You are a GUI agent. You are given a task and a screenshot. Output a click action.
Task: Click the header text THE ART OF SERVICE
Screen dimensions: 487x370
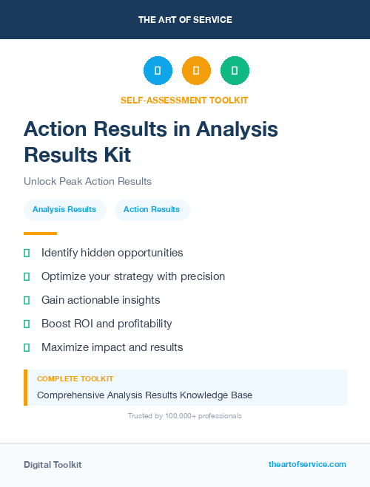point(185,20)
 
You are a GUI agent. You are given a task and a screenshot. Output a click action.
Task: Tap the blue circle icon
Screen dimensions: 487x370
point(158,70)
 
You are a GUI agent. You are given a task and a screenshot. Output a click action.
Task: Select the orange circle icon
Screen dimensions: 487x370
point(196,70)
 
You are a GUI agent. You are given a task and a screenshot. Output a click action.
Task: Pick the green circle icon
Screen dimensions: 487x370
point(235,70)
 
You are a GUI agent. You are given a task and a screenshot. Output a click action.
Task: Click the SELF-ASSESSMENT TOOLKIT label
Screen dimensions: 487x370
point(185,100)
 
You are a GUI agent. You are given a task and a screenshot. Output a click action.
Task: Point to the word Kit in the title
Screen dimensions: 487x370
point(117,154)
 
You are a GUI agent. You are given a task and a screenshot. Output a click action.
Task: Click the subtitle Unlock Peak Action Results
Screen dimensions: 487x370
point(87,181)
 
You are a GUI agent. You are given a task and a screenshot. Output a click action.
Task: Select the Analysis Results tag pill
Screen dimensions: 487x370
point(64,209)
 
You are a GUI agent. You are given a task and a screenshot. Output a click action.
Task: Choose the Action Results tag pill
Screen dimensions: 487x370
point(152,209)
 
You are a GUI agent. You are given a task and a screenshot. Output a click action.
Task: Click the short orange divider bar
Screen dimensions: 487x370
point(40,234)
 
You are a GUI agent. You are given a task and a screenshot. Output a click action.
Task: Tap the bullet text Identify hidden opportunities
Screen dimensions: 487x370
point(112,253)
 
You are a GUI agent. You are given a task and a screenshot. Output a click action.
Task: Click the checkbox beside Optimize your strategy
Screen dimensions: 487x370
point(27,276)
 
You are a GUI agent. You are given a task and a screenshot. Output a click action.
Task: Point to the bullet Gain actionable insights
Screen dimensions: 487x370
point(101,300)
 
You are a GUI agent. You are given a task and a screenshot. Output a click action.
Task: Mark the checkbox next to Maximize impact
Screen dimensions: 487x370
point(27,347)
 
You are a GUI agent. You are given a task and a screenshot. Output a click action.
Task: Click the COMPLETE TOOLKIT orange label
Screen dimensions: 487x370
point(75,378)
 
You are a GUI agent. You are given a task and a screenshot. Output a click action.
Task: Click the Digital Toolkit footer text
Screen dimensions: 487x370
point(53,465)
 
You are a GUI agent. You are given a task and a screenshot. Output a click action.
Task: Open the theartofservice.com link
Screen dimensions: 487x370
point(307,464)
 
